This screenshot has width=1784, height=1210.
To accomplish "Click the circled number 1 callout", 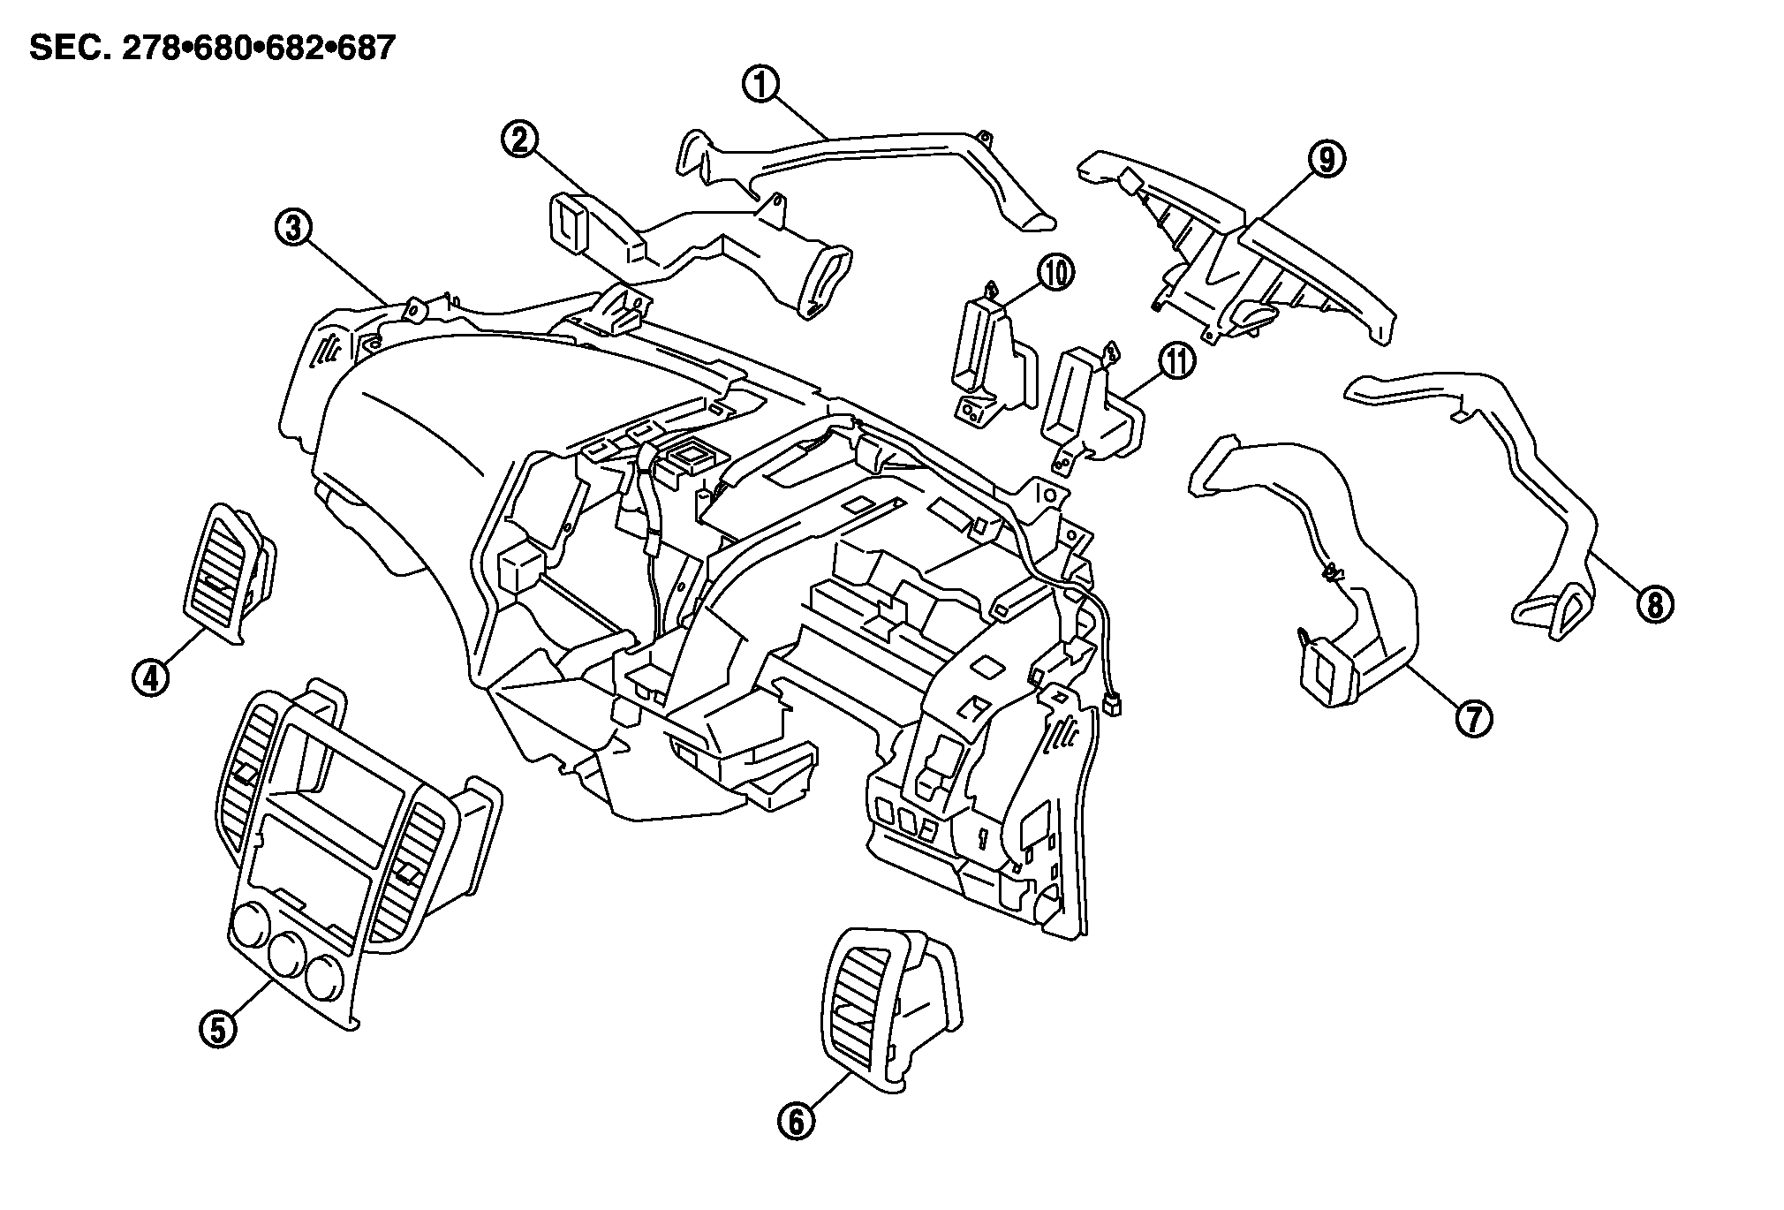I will [x=760, y=86].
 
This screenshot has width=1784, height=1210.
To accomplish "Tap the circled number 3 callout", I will [x=292, y=228].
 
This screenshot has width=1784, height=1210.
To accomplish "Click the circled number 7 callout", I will [x=1474, y=718].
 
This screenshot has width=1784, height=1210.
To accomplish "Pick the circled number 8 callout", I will [x=1654, y=605].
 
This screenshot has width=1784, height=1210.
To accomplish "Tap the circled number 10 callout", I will [x=1056, y=273].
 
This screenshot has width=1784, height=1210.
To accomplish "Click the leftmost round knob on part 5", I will [x=248, y=932].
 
